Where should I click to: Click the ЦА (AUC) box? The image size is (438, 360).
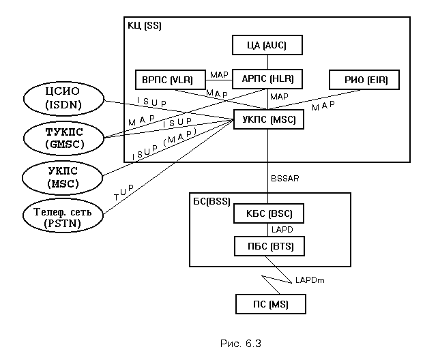click(267, 46)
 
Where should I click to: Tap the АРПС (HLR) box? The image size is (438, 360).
click(267, 80)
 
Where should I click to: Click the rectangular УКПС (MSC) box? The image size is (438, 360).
click(267, 120)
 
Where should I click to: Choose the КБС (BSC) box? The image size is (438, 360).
click(267, 214)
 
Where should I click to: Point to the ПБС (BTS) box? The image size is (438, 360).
click(267, 245)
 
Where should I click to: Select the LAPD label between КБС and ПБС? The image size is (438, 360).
click(281, 230)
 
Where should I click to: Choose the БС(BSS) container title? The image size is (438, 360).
click(212, 201)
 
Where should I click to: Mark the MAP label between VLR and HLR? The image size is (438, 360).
click(219, 75)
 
